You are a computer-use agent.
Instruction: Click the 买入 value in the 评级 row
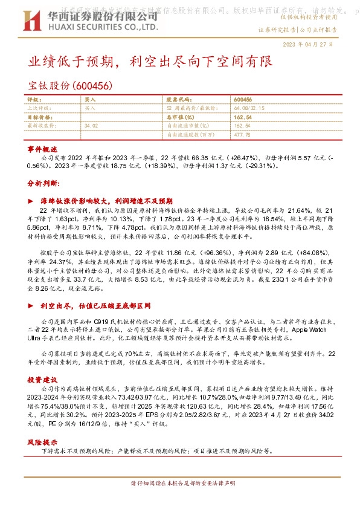tap(90, 99)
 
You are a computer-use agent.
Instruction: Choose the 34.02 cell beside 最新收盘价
tap(91, 126)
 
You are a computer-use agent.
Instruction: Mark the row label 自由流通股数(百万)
tap(190, 135)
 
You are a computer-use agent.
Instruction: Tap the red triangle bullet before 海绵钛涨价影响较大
tap(30, 200)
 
